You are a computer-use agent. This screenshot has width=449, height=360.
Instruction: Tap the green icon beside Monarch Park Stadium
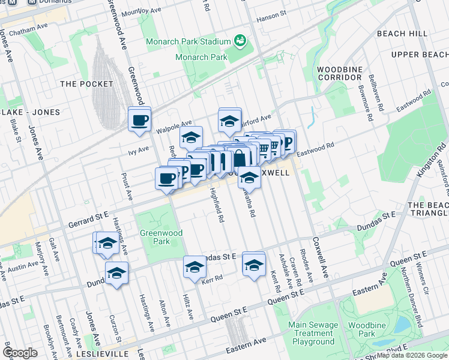240,41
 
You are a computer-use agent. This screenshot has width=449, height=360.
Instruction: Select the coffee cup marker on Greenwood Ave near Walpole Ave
139,119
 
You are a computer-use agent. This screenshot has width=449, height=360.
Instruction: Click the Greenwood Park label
155,237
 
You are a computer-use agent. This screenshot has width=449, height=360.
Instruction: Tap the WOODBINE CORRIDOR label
340,73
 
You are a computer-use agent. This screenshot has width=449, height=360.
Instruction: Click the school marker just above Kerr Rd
194,267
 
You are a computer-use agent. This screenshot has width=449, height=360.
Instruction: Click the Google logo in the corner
20,353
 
